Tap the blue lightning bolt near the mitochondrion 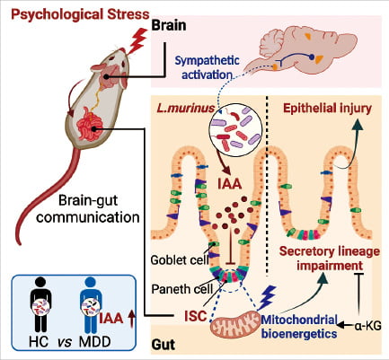267,298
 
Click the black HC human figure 40,305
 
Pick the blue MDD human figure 91,305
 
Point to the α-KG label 367,326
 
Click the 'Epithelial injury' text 327,108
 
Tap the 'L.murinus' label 186,108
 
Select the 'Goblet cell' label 180,259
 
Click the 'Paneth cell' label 181,289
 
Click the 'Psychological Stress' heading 80,15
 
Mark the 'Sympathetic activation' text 207,67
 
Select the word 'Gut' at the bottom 164,345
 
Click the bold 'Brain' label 169,25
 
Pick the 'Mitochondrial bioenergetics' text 299,326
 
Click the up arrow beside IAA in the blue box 131,319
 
